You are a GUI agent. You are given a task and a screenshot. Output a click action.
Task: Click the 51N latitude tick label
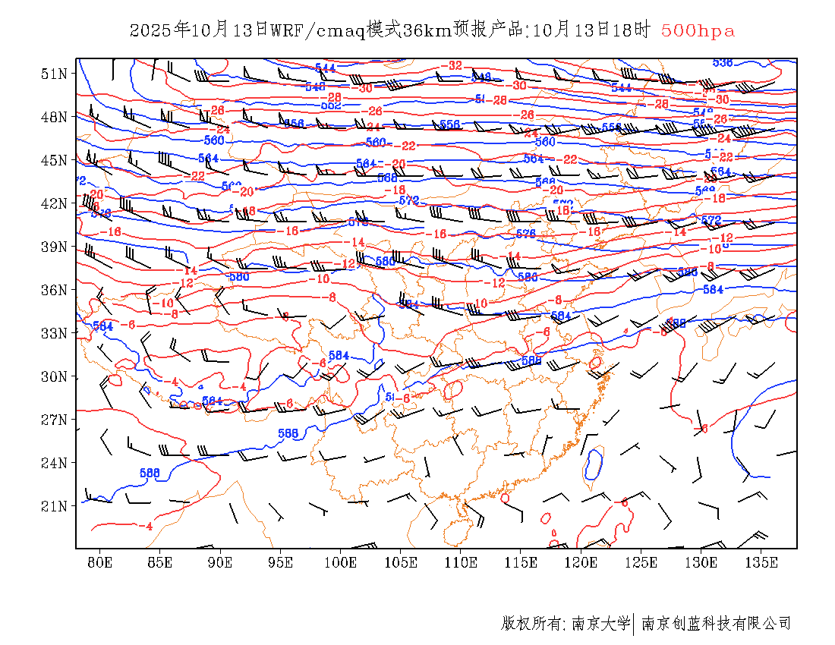[x=53, y=74]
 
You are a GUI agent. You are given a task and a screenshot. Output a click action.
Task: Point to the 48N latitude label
[x=53, y=117]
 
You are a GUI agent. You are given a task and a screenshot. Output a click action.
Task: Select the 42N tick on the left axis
[x=53, y=203]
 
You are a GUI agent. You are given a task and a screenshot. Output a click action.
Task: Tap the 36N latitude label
[x=53, y=290]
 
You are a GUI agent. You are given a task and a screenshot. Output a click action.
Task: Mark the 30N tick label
[x=53, y=376]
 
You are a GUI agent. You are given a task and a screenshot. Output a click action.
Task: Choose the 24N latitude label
[x=53, y=463]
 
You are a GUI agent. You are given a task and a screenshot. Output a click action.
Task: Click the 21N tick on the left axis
[x=53, y=506]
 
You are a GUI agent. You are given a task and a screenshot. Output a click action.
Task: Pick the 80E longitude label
[x=99, y=562]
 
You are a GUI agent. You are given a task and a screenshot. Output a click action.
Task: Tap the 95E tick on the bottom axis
[x=280, y=562]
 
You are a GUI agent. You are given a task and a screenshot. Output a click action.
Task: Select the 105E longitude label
[x=401, y=562]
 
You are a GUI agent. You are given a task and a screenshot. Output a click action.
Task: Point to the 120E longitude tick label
[x=581, y=562]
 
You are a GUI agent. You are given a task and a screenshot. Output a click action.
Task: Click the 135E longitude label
[x=761, y=562]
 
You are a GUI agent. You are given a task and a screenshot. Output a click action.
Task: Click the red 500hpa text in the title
[x=698, y=31]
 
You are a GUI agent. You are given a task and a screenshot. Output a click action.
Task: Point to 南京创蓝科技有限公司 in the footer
[x=717, y=624]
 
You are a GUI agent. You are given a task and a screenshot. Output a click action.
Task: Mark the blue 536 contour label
[x=723, y=62]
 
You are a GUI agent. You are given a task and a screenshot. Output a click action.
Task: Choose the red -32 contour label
[x=454, y=66]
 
